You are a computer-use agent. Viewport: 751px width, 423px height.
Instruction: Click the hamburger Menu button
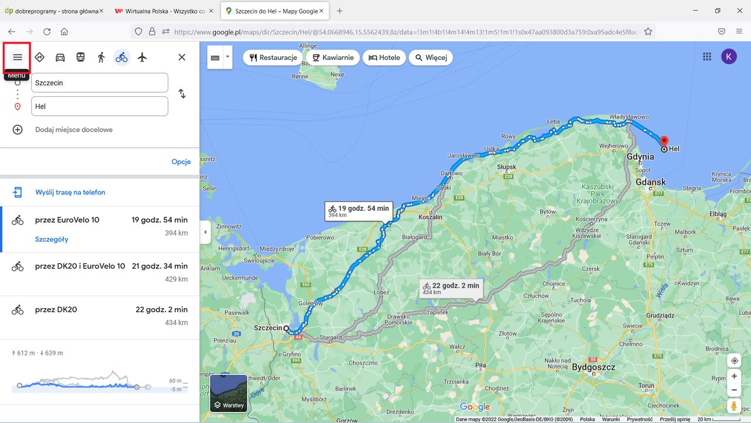coord(18,57)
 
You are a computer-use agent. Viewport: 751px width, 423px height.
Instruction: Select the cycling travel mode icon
coord(121,57)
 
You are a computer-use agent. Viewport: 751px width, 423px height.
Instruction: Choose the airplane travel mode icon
coord(142,57)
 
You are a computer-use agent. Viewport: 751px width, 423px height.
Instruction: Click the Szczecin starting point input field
coord(100,83)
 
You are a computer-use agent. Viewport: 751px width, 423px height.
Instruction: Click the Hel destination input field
coord(100,106)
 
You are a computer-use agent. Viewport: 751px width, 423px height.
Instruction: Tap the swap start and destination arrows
coord(182,94)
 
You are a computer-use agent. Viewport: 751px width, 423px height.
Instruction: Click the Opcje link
coord(181,162)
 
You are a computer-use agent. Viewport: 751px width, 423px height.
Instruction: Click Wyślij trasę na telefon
coord(70,192)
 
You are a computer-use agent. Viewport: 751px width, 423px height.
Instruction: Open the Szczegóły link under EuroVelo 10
coord(52,239)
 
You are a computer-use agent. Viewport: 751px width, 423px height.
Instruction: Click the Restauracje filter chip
coord(273,58)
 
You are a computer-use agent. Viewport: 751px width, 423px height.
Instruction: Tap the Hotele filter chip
coord(384,58)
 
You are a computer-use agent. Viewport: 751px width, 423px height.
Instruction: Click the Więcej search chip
coord(431,58)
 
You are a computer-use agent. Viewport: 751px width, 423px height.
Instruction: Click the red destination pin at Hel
coord(664,141)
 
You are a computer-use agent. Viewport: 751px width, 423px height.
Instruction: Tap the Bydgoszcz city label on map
coord(594,368)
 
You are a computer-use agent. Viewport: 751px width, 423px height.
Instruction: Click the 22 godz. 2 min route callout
coord(451,288)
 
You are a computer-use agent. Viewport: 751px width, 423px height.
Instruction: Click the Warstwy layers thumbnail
coord(229,393)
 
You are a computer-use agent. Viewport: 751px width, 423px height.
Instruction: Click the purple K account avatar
coord(729,57)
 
